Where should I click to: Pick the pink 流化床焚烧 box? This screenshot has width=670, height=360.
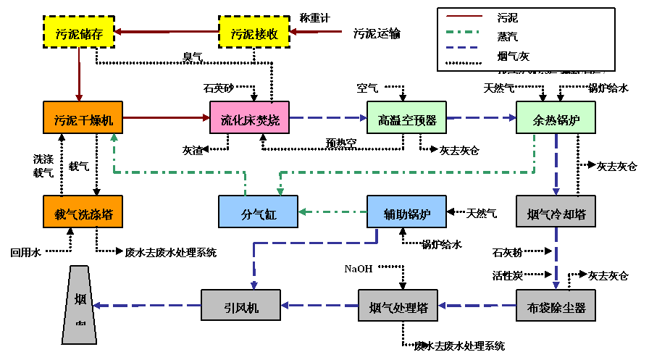coord(249,119)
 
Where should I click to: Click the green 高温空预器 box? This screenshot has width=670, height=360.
coord(406,119)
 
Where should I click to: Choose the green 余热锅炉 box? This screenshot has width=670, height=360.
coord(556,118)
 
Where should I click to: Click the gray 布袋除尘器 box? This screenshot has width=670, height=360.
coord(556,307)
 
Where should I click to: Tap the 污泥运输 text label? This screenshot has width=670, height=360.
coord(377,33)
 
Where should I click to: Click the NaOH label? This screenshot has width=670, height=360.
coord(359,268)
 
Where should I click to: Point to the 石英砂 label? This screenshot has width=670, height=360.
coord(219,89)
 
